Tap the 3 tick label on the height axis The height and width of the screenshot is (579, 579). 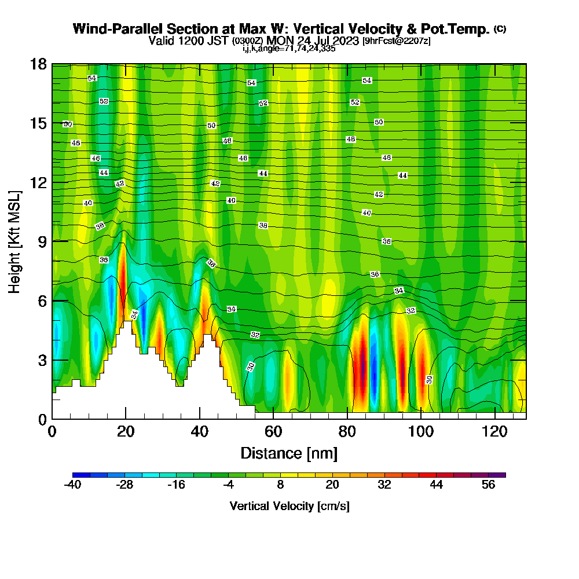point(42,360)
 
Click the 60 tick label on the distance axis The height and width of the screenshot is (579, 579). point(273,432)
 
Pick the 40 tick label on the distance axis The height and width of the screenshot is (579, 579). point(200,432)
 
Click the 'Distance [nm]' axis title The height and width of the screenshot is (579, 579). point(289,452)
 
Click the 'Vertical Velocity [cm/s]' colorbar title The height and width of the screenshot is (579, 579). point(289,506)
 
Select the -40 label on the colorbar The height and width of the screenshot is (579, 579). point(72,485)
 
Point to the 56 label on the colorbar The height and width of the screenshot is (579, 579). point(488,485)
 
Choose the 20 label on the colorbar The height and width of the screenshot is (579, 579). point(332,485)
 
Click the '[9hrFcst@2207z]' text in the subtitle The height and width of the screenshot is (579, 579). point(396,41)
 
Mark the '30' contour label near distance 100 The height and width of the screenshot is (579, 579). point(429,379)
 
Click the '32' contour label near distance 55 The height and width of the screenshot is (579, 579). point(255,335)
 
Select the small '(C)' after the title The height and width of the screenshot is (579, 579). point(500,28)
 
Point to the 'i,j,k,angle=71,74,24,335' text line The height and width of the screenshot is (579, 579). point(289,49)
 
